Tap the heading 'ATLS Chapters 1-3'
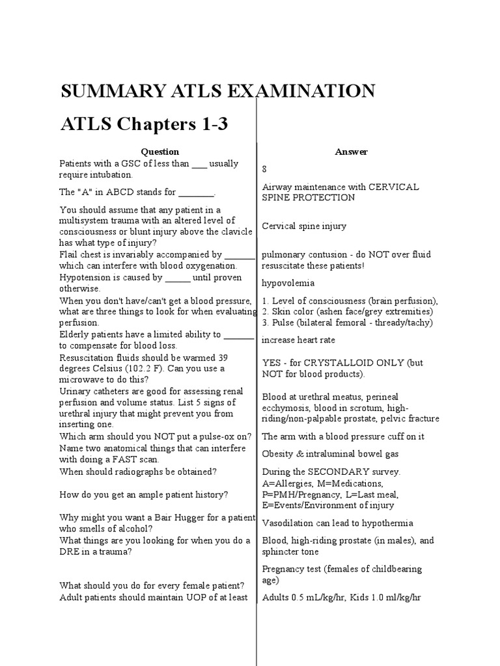(x=144, y=124)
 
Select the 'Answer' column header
(x=352, y=152)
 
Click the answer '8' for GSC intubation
(x=264, y=169)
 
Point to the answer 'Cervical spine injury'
(x=304, y=226)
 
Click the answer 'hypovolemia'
(x=288, y=283)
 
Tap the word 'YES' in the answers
(x=272, y=363)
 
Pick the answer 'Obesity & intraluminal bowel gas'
(x=330, y=453)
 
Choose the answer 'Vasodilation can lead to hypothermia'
(x=337, y=523)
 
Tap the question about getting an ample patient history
(x=144, y=494)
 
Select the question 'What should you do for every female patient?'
(x=152, y=585)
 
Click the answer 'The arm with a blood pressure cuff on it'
(x=343, y=436)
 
